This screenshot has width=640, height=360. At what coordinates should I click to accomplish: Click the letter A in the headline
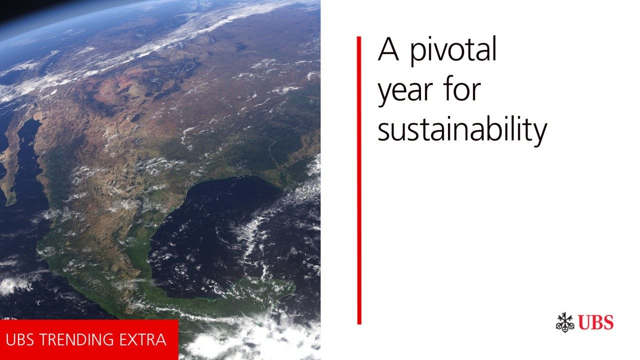point(388,49)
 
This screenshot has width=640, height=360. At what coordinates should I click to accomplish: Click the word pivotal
point(453,51)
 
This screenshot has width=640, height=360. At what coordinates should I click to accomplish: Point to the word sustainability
point(462,131)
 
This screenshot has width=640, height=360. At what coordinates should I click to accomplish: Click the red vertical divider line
point(359,180)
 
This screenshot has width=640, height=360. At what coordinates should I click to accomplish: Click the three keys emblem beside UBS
point(565,322)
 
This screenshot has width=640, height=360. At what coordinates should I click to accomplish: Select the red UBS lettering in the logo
point(596,322)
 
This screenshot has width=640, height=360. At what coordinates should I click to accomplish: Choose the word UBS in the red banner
point(19,339)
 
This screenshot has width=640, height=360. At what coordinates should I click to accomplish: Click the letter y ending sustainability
point(539,135)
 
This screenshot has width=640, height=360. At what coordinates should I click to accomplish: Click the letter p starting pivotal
point(418,55)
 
